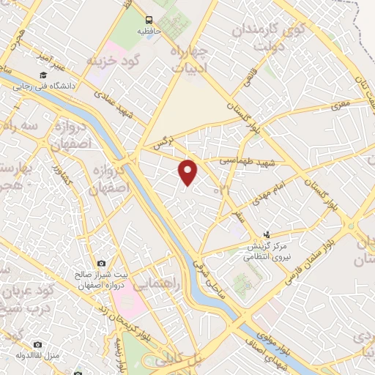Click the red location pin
coord(189,172)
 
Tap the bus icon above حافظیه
coord(149,20)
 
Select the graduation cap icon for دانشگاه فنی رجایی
coord(44,75)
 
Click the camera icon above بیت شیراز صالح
coord(102,264)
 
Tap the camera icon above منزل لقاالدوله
coord(38,344)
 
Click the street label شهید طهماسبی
coord(245,160)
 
